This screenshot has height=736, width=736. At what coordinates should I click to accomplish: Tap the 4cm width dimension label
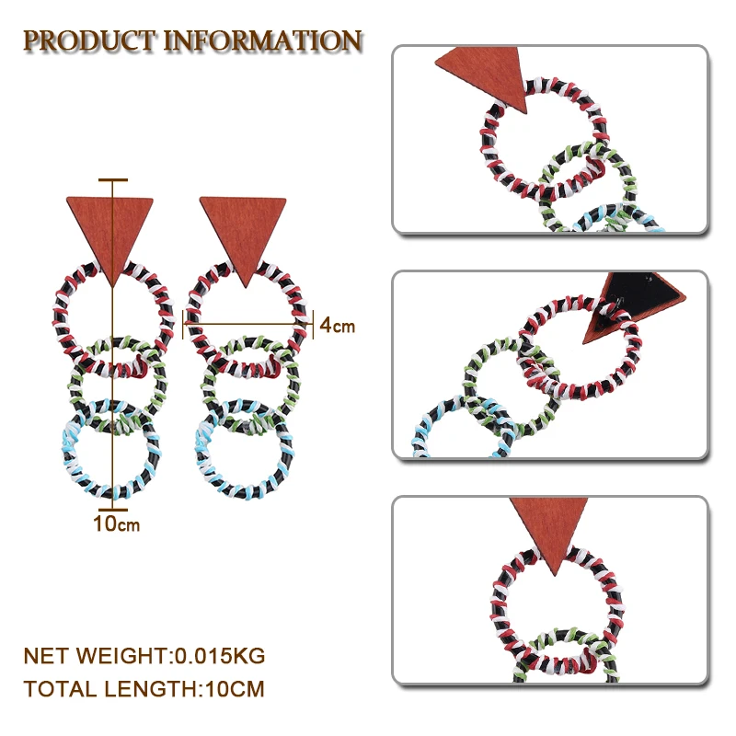(x=337, y=325)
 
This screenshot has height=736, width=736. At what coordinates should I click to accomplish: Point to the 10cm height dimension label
(x=116, y=524)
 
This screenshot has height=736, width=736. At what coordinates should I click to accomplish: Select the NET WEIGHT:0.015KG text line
(x=144, y=656)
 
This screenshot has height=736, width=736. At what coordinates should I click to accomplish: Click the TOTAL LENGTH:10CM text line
(x=144, y=688)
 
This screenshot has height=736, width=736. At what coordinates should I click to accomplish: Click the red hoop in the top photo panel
(x=486, y=147)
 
